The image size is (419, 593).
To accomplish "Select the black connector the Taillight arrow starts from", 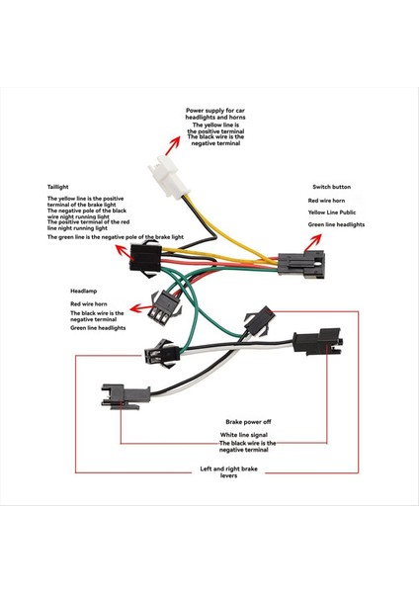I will click(x=145, y=257).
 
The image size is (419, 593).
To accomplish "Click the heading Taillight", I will click(x=57, y=186).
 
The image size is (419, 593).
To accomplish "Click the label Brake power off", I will click(x=248, y=421).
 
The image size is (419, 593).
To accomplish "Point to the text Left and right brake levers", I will click(x=230, y=473).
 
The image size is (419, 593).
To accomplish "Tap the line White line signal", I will click(x=246, y=434).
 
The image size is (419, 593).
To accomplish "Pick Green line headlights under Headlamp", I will click(x=96, y=327).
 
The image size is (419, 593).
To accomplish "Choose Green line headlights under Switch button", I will click(x=336, y=225).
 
